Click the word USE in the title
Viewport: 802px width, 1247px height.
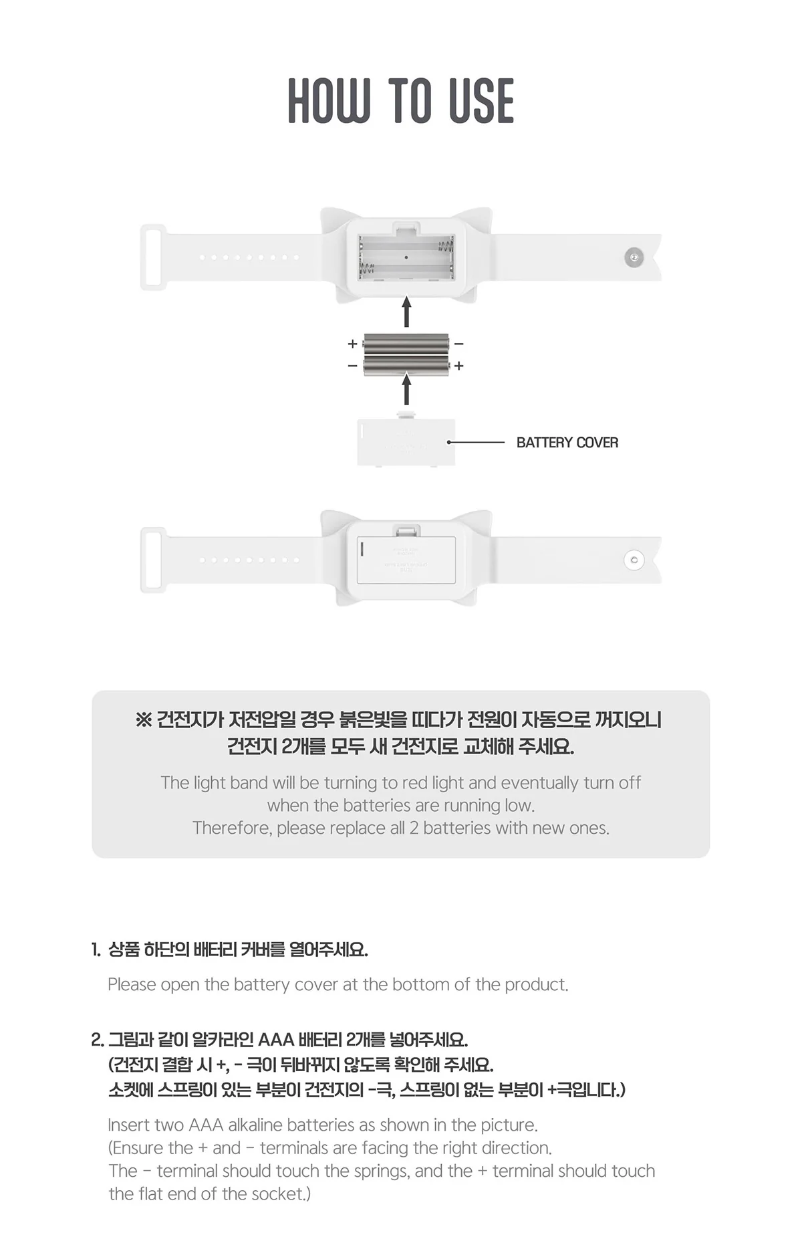pos(481,101)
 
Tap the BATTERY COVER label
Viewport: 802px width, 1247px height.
pos(567,443)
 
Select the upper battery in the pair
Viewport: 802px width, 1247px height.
pos(406,344)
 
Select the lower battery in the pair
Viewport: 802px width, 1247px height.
pos(406,365)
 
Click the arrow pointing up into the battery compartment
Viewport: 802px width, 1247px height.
pos(406,312)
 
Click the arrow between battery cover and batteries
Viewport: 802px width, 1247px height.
pos(406,389)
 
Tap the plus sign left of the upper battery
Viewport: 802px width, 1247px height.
pos(352,344)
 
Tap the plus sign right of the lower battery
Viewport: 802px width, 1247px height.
pos(459,366)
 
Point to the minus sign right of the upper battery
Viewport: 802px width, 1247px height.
pos(459,344)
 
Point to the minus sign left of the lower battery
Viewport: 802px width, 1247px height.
pos(352,366)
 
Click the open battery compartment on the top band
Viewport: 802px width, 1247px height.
pos(406,257)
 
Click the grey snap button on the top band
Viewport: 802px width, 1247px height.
pos(634,257)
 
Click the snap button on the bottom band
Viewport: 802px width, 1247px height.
pos(634,560)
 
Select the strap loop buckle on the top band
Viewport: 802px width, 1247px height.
pos(153,257)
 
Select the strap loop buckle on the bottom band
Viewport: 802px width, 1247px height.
pos(153,560)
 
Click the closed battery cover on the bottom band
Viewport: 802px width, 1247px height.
pos(406,560)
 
